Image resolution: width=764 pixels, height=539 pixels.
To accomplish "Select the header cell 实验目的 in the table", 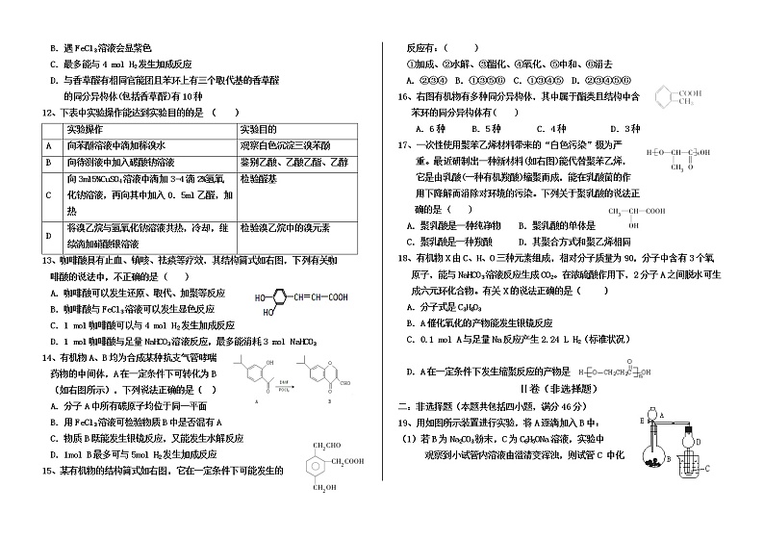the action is tap(259, 128).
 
